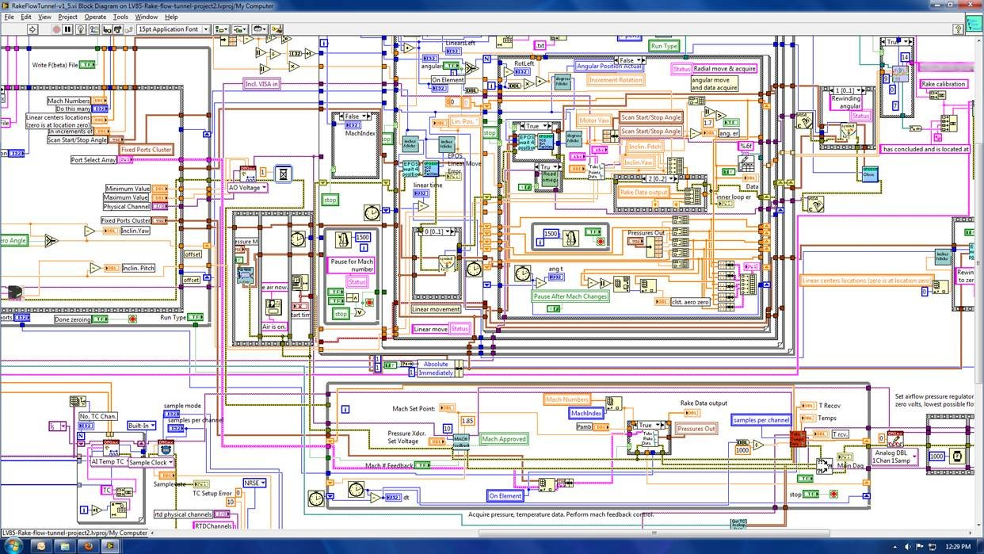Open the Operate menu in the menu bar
pyautogui.click(x=95, y=17)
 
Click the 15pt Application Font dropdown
pyautogui.click(x=172, y=29)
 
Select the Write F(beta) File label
pyautogui.click(x=55, y=65)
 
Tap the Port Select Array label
pyautogui.click(x=93, y=160)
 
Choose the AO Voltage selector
pyautogui.click(x=248, y=188)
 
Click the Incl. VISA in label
pyautogui.click(x=261, y=83)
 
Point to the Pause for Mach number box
pyautogui.click(x=351, y=266)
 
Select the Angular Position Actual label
pyautogui.click(x=608, y=67)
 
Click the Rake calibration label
pyautogui.click(x=943, y=84)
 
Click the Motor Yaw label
pyautogui.click(x=593, y=121)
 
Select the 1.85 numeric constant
pyautogui.click(x=467, y=421)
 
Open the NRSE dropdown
pyautogui.click(x=254, y=483)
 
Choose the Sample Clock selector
pyautogui.click(x=151, y=462)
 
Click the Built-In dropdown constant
pyautogui.click(x=141, y=426)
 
